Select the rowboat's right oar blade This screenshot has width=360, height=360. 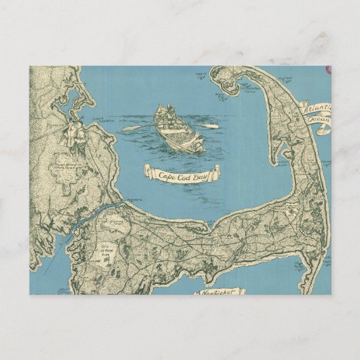click(x=213, y=126)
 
